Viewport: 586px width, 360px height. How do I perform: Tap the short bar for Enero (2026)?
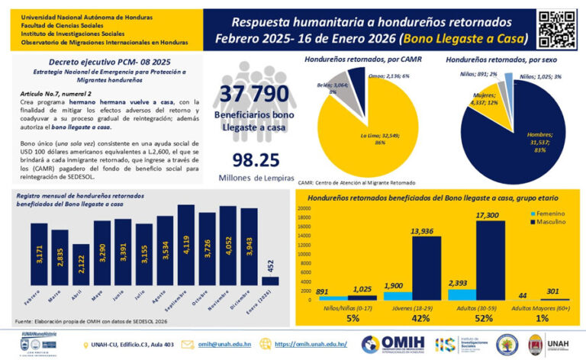tap(269, 280)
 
